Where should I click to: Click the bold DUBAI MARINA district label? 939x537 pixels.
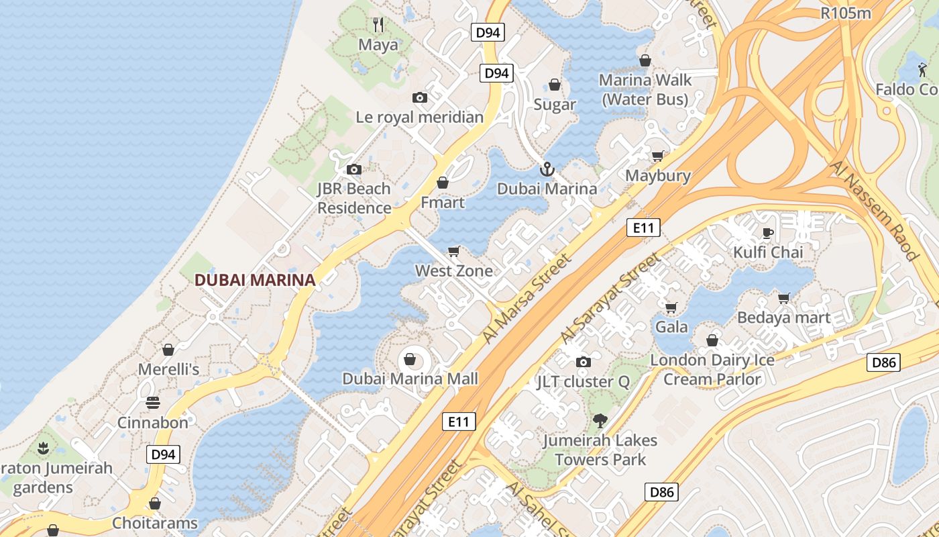coord(255,280)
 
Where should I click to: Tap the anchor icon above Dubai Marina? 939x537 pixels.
coord(547,169)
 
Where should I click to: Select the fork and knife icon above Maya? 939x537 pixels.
coord(378,26)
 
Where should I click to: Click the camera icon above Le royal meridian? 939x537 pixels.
coord(420,98)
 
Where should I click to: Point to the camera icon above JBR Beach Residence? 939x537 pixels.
coord(353,170)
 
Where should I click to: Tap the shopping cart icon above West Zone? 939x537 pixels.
coord(454,252)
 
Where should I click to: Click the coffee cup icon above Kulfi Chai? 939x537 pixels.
coord(768,233)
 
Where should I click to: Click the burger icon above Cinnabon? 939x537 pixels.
coord(153,403)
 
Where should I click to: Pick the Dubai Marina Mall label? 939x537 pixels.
coord(410,379)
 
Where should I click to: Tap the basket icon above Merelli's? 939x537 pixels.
coord(168,350)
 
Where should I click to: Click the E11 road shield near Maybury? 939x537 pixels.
coord(643,228)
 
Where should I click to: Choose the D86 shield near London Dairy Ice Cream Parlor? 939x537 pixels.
coord(883,362)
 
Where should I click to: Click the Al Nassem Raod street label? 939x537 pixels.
coord(874,209)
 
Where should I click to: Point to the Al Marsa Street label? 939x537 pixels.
coord(527,299)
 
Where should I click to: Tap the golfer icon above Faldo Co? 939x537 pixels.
coord(922,69)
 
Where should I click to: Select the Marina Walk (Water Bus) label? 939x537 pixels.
coord(645,89)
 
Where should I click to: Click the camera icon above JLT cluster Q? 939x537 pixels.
coord(584,362)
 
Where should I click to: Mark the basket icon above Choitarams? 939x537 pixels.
coord(155,503)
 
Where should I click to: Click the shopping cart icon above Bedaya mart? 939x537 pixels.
coord(783,297)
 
